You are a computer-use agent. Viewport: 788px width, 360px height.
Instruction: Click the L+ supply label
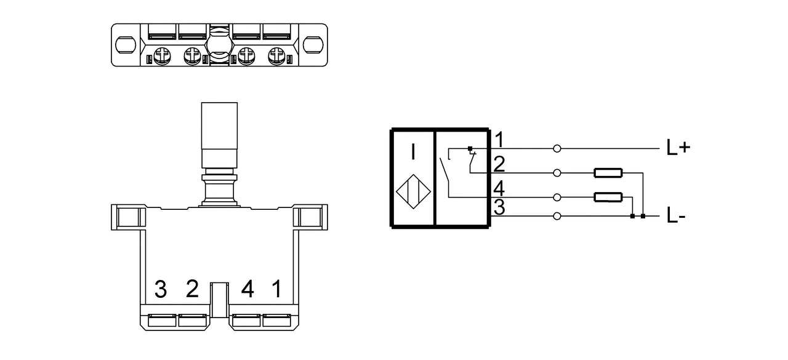click(678, 147)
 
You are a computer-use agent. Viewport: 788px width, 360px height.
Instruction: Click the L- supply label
click(676, 215)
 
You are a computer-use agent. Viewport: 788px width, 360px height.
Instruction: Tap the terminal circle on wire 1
click(557, 149)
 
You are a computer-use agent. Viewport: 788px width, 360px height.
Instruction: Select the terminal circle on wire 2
click(557, 173)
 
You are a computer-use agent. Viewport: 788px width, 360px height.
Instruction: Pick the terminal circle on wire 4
click(557, 198)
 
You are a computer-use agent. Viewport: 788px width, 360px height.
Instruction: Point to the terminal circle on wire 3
click(557, 216)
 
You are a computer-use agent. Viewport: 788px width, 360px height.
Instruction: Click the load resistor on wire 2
click(608, 173)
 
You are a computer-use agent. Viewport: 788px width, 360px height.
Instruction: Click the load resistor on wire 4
click(608, 197)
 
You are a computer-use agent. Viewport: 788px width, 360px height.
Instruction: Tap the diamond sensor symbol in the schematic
click(413, 191)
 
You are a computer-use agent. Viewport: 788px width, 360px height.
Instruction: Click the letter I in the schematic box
click(413, 151)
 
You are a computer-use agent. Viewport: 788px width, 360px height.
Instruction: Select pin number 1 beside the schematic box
click(499, 140)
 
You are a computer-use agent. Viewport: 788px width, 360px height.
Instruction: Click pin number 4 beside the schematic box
click(499, 189)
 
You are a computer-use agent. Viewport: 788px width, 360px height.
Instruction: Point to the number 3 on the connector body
click(161, 289)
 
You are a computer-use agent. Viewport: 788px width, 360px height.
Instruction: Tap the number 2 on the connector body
click(192, 289)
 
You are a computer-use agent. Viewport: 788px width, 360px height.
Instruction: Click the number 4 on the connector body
click(247, 289)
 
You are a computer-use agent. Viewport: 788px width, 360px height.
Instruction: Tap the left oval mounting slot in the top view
click(126, 45)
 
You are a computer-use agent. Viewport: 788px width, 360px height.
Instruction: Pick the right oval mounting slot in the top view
click(313, 45)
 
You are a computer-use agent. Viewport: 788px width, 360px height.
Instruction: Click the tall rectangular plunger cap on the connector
click(220, 126)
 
